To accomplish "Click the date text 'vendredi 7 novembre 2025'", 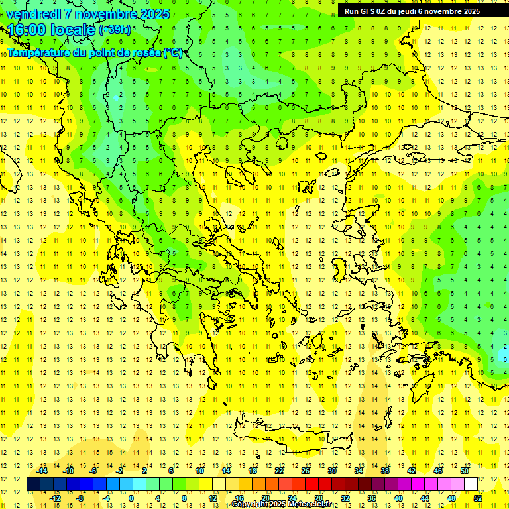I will point(87,14).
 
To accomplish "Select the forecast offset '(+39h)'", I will point(115,30).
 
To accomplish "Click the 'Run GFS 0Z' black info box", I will point(412,11).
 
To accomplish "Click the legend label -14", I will point(42,471).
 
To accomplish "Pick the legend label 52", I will point(478,498).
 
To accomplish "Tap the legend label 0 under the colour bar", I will point(131,498).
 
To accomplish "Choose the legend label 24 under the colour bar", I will point(292,498).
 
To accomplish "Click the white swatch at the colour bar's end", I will point(471,484).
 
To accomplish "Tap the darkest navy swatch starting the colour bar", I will point(34,484).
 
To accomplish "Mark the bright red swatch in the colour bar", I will point(312,484).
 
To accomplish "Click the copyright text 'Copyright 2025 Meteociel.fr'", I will point(282,504).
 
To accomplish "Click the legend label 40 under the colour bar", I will point(398,498).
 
